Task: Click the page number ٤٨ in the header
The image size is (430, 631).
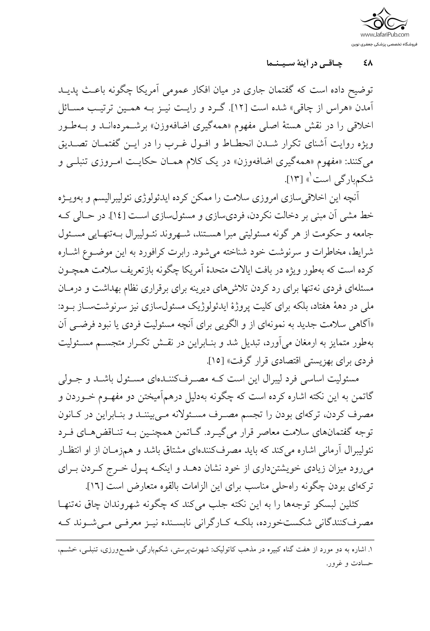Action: pos(368,64)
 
